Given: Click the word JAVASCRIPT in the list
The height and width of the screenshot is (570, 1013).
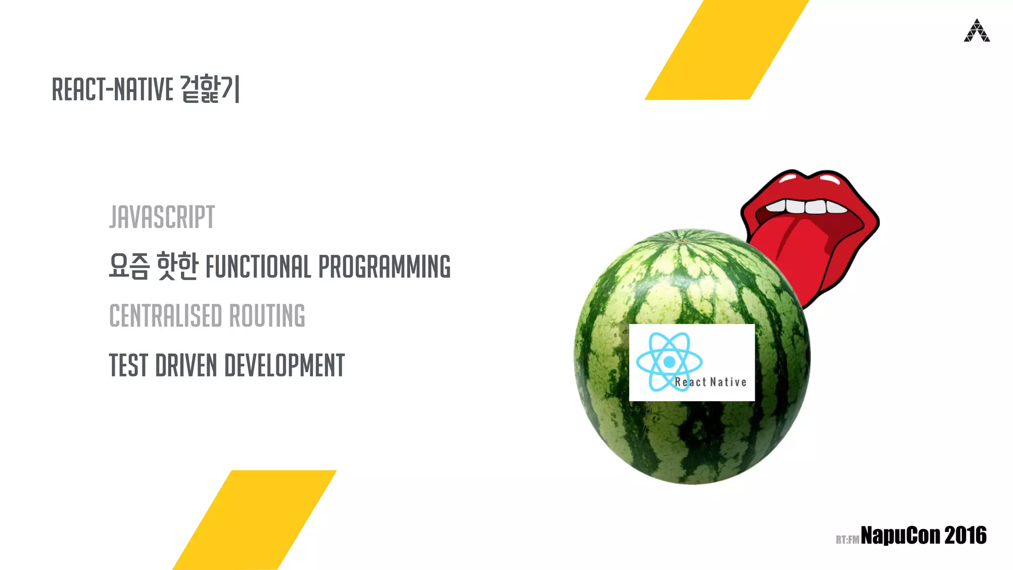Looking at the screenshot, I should point(162,217).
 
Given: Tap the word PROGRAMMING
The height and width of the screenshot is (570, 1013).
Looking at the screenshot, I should point(384,267).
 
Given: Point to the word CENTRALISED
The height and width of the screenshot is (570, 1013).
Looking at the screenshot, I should point(166,316).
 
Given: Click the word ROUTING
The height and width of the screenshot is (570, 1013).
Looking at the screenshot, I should point(267,316).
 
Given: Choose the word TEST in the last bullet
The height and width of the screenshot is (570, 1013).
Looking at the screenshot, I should point(128,366).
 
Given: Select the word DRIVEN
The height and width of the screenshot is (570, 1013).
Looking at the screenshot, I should point(186,366).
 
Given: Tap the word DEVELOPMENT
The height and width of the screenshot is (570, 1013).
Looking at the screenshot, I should point(284,366).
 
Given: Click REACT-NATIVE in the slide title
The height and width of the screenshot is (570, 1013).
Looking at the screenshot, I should point(112,90).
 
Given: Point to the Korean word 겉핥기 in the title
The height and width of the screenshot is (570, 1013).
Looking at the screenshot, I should point(210,89).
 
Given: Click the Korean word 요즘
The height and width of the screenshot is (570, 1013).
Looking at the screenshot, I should point(129,266).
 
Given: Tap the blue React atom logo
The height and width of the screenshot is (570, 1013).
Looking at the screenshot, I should point(669,362).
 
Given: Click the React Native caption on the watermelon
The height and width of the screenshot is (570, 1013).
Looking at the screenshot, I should point(711,382).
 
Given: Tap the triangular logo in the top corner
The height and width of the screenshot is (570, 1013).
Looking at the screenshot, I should point(976,31).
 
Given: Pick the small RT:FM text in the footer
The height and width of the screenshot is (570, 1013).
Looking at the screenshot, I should point(847,539).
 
